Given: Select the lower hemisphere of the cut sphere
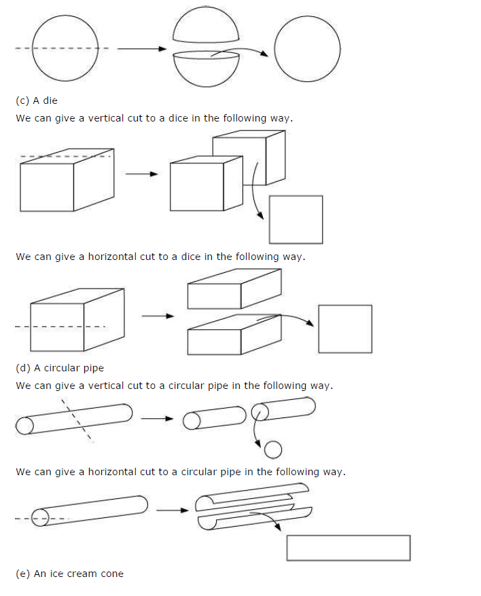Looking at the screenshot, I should click(x=206, y=70).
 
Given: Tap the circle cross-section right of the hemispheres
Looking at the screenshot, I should click(x=307, y=48).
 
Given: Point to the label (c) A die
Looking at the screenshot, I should click(x=37, y=100).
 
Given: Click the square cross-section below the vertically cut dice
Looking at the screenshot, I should click(x=296, y=219).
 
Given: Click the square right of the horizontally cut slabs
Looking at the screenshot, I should click(x=345, y=329).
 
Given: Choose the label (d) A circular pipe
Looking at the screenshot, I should click(x=60, y=369).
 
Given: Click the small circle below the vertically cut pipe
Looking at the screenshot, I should click(x=272, y=449).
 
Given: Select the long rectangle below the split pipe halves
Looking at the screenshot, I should click(x=348, y=548).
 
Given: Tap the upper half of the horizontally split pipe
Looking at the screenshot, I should click(x=251, y=498).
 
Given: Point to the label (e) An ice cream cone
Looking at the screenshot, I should click(x=69, y=574).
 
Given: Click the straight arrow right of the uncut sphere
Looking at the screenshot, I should click(x=141, y=49).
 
